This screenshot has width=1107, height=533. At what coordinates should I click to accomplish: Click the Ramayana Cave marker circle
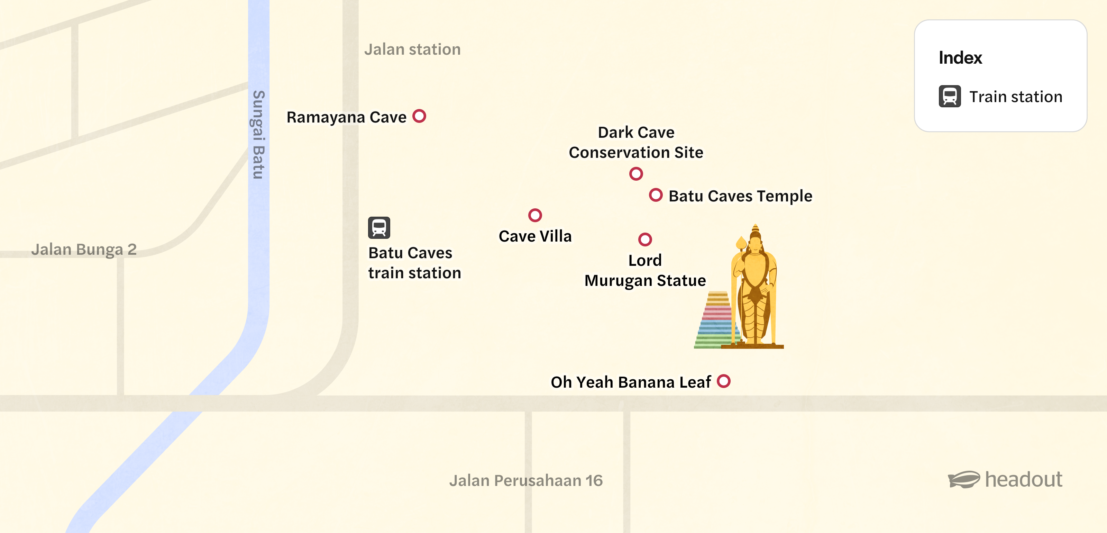[x=419, y=116]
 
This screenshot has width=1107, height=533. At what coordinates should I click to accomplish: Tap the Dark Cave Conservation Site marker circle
[x=636, y=174]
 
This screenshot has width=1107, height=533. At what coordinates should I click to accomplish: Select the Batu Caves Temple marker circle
[x=655, y=195]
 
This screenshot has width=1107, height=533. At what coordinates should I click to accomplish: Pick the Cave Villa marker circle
[x=535, y=215]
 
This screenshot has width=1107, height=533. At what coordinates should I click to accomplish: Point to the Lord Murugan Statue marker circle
[x=645, y=240]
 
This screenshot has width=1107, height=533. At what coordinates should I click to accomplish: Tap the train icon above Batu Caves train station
[x=379, y=227]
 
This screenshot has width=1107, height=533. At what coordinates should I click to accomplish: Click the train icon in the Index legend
[x=950, y=96]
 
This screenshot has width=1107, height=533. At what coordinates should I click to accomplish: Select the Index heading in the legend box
[x=960, y=57]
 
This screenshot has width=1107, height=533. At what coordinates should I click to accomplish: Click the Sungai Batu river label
[x=259, y=135]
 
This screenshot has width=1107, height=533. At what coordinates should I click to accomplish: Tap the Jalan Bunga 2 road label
[x=84, y=249]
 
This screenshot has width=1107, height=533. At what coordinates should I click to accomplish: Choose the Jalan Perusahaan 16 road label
[x=526, y=480]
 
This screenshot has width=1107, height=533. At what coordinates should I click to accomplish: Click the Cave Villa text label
[x=535, y=236]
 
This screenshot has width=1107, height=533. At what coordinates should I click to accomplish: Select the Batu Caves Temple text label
[x=740, y=196]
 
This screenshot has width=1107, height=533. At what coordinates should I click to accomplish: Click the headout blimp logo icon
[x=964, y=479]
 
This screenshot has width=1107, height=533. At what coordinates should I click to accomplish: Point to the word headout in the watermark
[x=1023, y=479]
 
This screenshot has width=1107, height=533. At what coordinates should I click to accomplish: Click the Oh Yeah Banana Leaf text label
[x=631, y=382]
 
